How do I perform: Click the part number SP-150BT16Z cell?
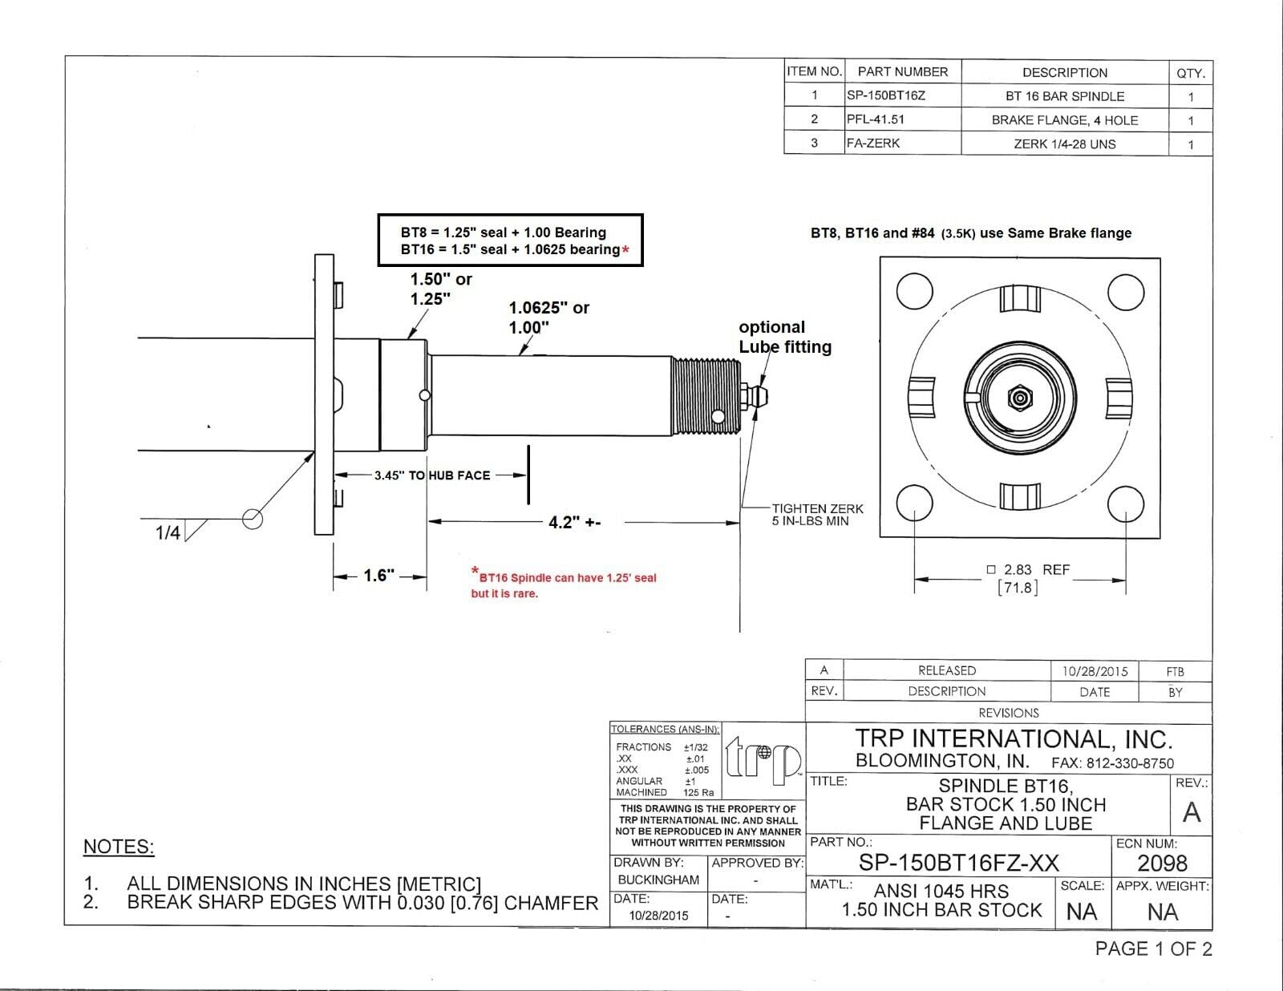(x=886, y=95)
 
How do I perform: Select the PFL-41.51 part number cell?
(x=876, y=119)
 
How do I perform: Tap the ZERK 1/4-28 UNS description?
(x=1064, y=144)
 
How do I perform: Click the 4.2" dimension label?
(x=574, y=523)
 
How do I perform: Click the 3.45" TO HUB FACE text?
(x=432, y=475)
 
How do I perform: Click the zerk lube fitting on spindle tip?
(x=759, y=397)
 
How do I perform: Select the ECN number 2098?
(x=1162, y=864)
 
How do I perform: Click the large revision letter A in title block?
(x=1192, y=812)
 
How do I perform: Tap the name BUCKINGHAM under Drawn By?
(x=658, y=880)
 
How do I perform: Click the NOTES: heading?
(x=119, y=847)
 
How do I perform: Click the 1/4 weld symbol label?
(x=168, y=533)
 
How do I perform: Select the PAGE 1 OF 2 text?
(x=1153, y=949)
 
